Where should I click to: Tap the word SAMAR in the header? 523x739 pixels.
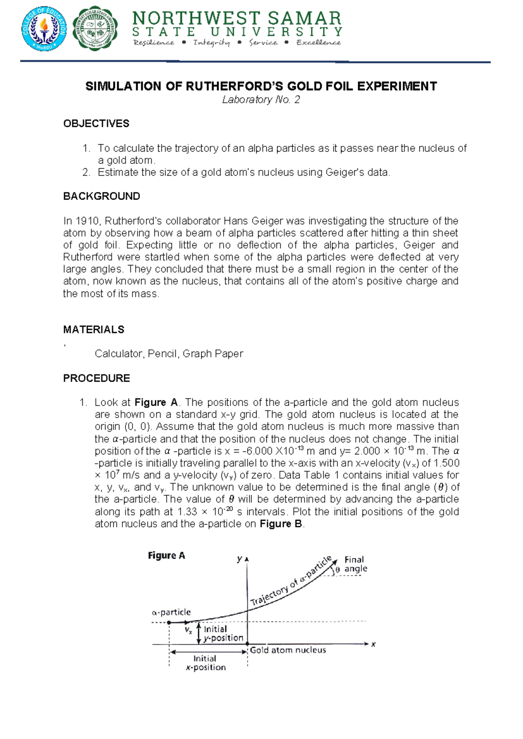[x=304, y=18]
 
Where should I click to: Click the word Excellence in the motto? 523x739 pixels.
[x=319, y=42]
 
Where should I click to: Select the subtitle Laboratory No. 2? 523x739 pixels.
[x=261, y=100]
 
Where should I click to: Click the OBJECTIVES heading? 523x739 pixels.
[x=96, y=124]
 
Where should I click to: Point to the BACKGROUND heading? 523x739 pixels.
[x=102, y=196]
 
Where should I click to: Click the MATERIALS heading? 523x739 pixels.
[x=94, y=329]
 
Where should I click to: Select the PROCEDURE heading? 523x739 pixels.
[x=97, y=378]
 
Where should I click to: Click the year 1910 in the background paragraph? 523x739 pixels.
[x=88, y=221]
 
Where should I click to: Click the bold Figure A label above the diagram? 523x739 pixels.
[x=166, y=556]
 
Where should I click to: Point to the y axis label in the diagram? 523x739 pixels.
[x=239, y=559]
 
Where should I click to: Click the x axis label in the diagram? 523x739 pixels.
[x=374, y=644]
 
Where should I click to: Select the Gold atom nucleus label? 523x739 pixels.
[x=288, y=650]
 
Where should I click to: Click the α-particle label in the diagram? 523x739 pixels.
[x=171, y=612]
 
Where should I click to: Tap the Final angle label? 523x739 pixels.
[x=355, y=564]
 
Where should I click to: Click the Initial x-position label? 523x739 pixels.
[x=205, y=663]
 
